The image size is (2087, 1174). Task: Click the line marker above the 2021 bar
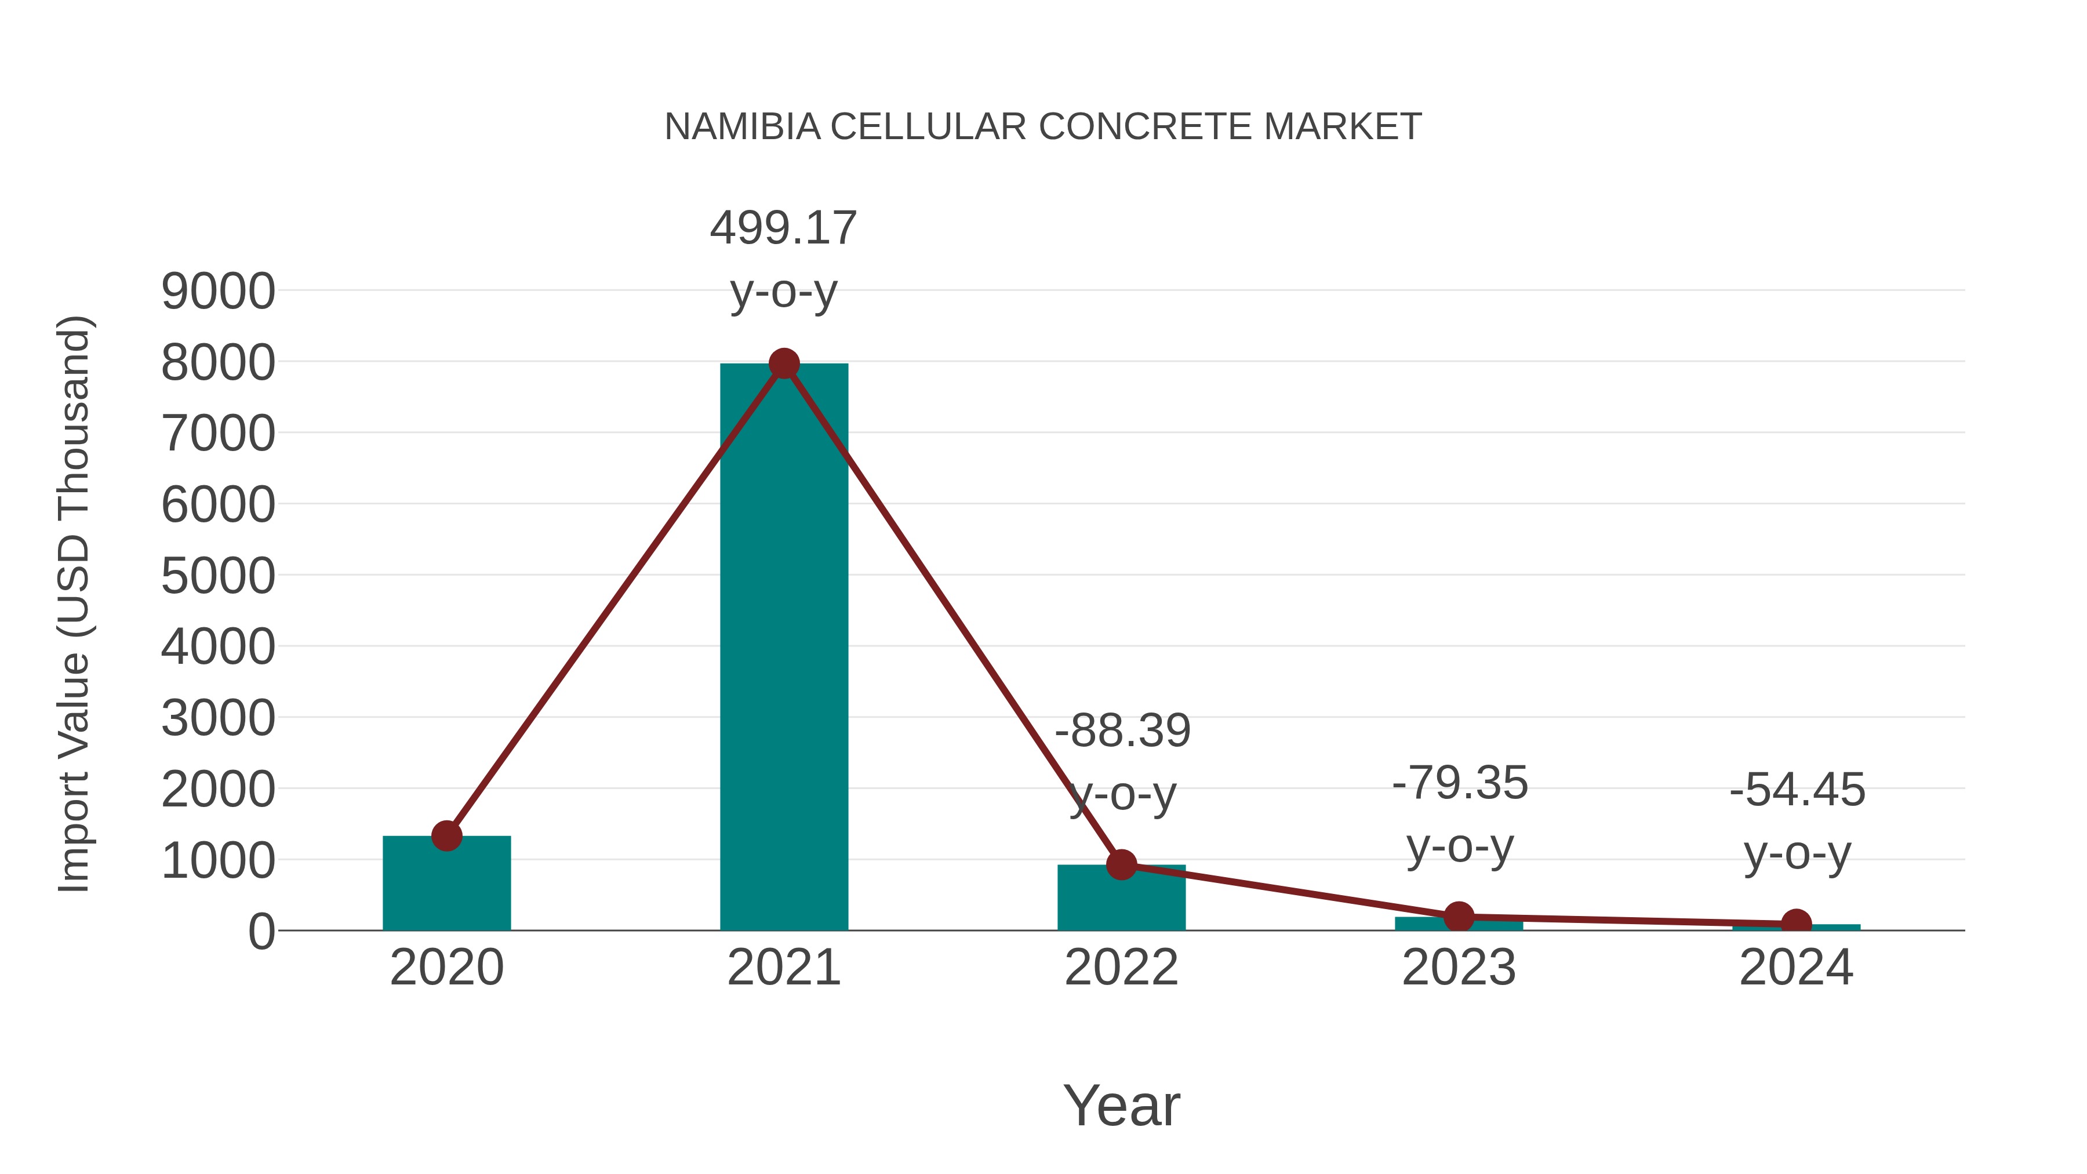click(x=783, y=364)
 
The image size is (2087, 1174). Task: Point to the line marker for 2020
click(x=446, y=835)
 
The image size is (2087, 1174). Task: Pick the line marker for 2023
click(x=1459, y=917)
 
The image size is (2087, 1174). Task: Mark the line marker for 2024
click(x=1796, y=924)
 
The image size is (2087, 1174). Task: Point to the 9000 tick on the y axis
click(x=218, y=292)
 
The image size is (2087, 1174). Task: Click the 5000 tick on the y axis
click(x=218, y=577)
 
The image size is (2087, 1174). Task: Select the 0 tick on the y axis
click(x=261, y=932)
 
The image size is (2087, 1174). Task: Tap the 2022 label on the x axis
click(x=1121, y=968)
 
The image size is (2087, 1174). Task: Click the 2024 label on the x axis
click(x=1796, y=968)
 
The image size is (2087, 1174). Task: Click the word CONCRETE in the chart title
click(x=1146, y=127)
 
